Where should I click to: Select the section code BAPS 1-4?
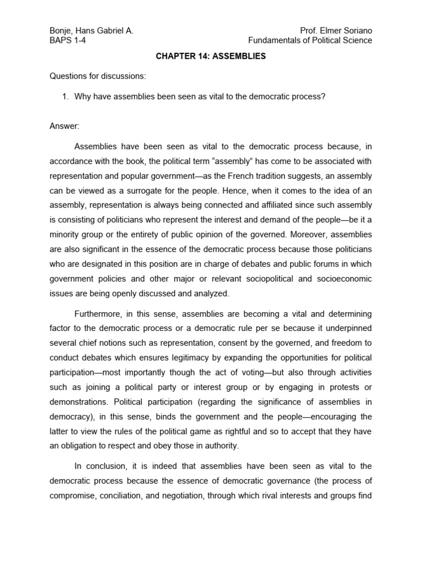[68, 41]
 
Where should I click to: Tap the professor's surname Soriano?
[356, 31]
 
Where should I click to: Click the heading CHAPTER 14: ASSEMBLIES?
[210, 57]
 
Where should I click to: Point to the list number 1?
[65, 97]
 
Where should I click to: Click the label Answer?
[64, 126]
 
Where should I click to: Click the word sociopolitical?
[257, 279]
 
